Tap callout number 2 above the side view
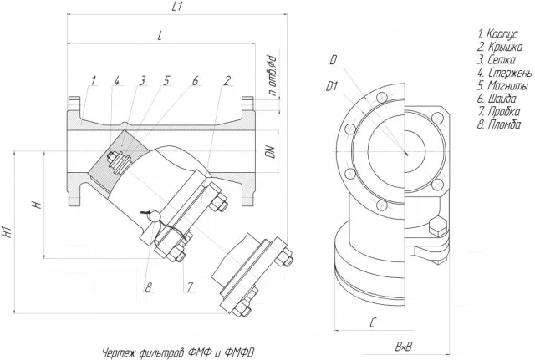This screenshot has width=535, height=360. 228,81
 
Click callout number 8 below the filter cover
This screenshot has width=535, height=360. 149,287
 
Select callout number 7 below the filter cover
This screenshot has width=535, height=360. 191,287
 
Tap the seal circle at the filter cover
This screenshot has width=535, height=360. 154,216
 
